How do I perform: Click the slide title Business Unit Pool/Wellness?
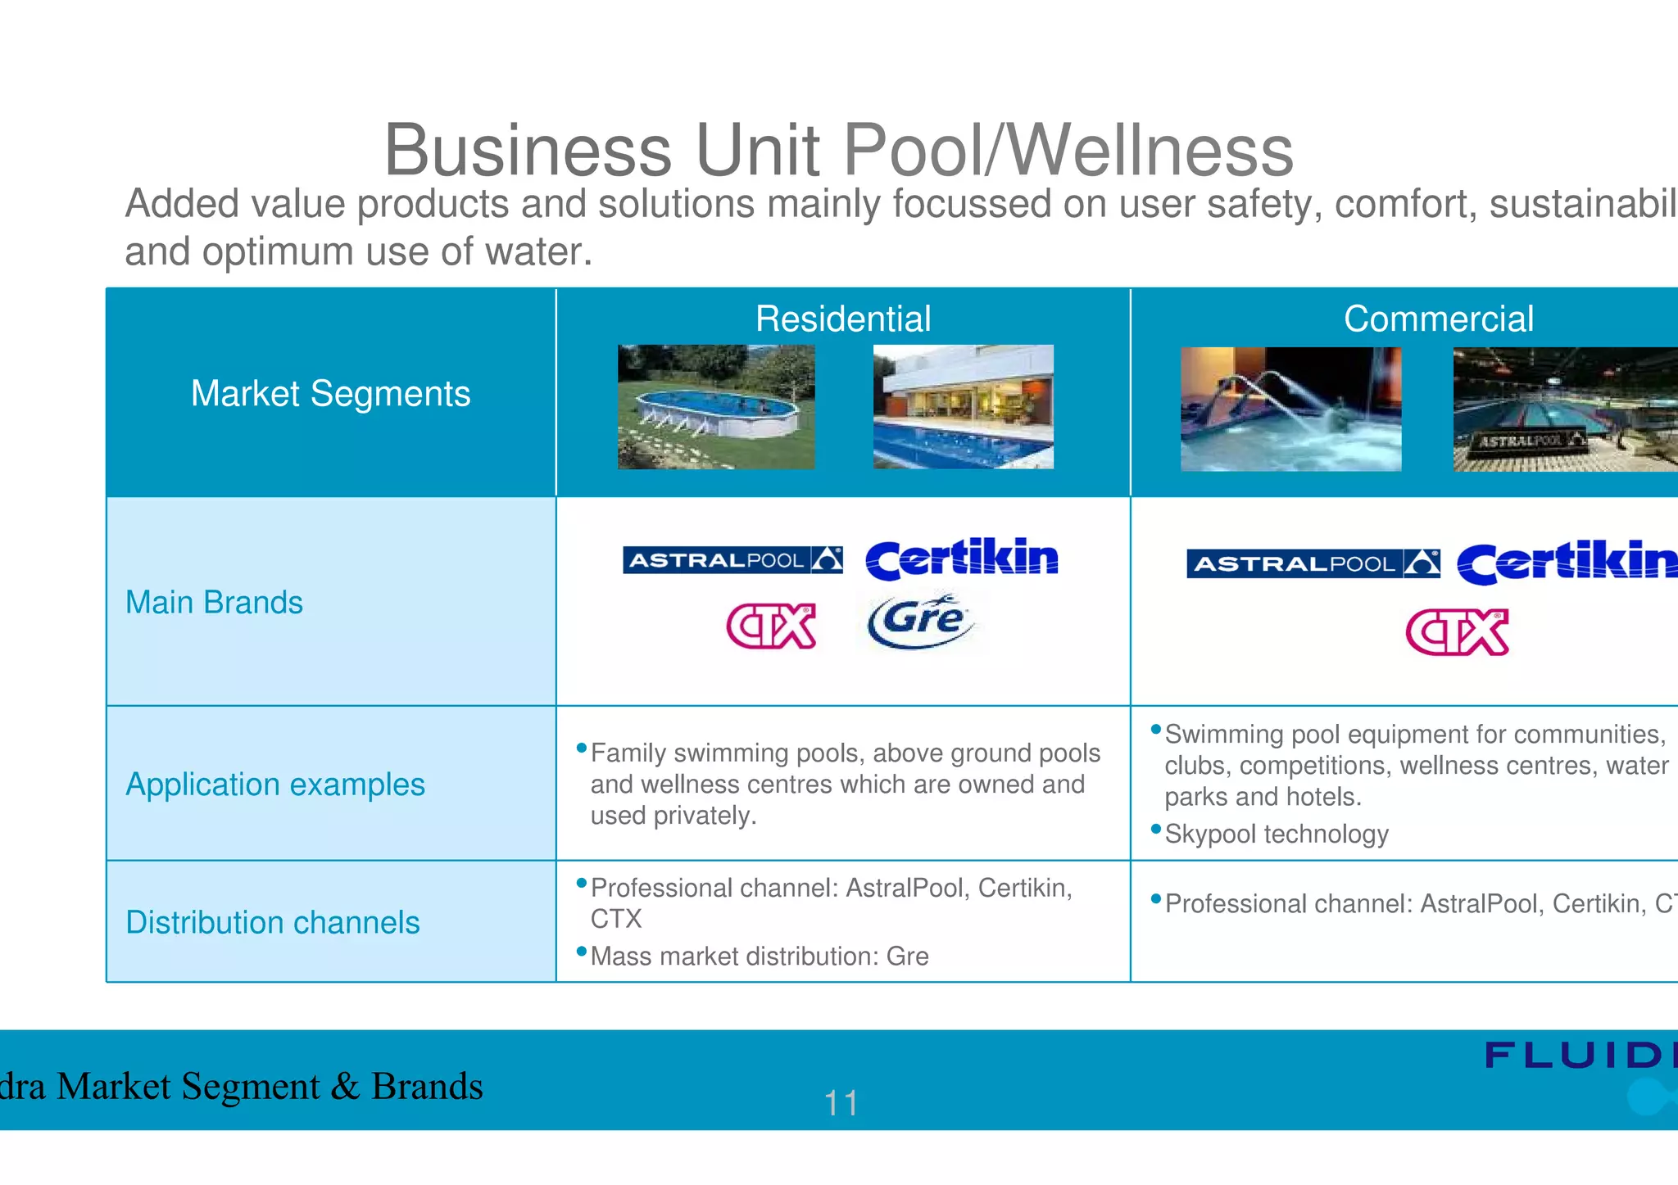tap(838, 150)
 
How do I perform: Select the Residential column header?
tap(842, 319)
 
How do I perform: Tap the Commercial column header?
tap(1438, 319)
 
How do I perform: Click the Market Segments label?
tap(330, 393)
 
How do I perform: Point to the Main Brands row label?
tap(214, 603)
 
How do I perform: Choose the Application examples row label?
tap(274, 785)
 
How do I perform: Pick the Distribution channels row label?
tap(272, 923)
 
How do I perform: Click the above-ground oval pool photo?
tap(716, 407)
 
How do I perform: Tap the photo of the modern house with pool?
tap(963, 407)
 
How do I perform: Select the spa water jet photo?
tap(1290, 409)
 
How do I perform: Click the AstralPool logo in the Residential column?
tap(732, 560)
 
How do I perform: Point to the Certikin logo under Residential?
tap(962, 559)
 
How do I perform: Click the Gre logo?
tap(922, 621)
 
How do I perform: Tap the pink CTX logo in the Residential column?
tap(771, 626)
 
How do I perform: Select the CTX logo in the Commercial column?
tap(1457, 632)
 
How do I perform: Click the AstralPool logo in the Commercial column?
tap(1313, 563)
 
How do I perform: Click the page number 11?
tap(841, 1103)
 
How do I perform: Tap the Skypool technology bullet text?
tap(1277, 834)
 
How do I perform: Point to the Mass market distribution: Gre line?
tap(760, 957)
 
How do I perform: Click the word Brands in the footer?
tap(427, 1087)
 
